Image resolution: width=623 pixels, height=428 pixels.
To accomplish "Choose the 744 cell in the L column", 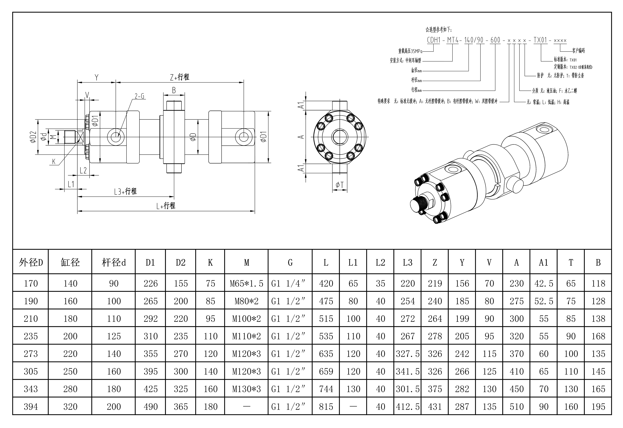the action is point(326,389).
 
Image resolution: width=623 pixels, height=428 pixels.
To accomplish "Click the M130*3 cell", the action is point(246,389).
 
